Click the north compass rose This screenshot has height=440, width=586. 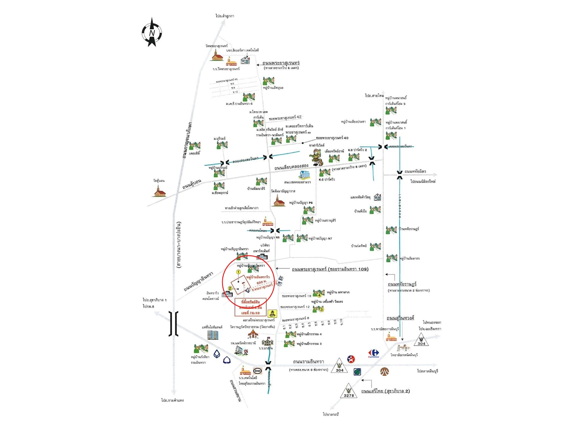[152, 32]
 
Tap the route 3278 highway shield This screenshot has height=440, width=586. [349, 392]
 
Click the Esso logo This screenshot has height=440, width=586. [257, 371]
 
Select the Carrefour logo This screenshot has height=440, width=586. [374, 353]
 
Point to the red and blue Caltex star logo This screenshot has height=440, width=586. [351, 359]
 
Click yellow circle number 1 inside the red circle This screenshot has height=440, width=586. [238, 272]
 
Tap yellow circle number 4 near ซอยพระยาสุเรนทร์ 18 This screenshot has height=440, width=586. [319, 295]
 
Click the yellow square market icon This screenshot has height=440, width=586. [272, 313]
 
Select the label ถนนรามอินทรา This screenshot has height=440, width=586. [308, 362]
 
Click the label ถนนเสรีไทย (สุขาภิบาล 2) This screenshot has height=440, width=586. [385, 391]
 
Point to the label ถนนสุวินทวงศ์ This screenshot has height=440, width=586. [400, 318]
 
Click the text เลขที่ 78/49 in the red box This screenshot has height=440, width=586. [250, 313]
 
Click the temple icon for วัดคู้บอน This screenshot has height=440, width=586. [160, 191]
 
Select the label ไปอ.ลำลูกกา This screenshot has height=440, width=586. [225, 16]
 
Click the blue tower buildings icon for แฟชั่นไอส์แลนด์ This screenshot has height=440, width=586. [213, 335]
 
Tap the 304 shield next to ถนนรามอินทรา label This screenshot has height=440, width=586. [339, 366]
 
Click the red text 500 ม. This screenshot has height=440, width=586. [262, 282]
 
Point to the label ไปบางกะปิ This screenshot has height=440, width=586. [330, 414]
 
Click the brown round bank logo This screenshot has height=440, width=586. [385, 371]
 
